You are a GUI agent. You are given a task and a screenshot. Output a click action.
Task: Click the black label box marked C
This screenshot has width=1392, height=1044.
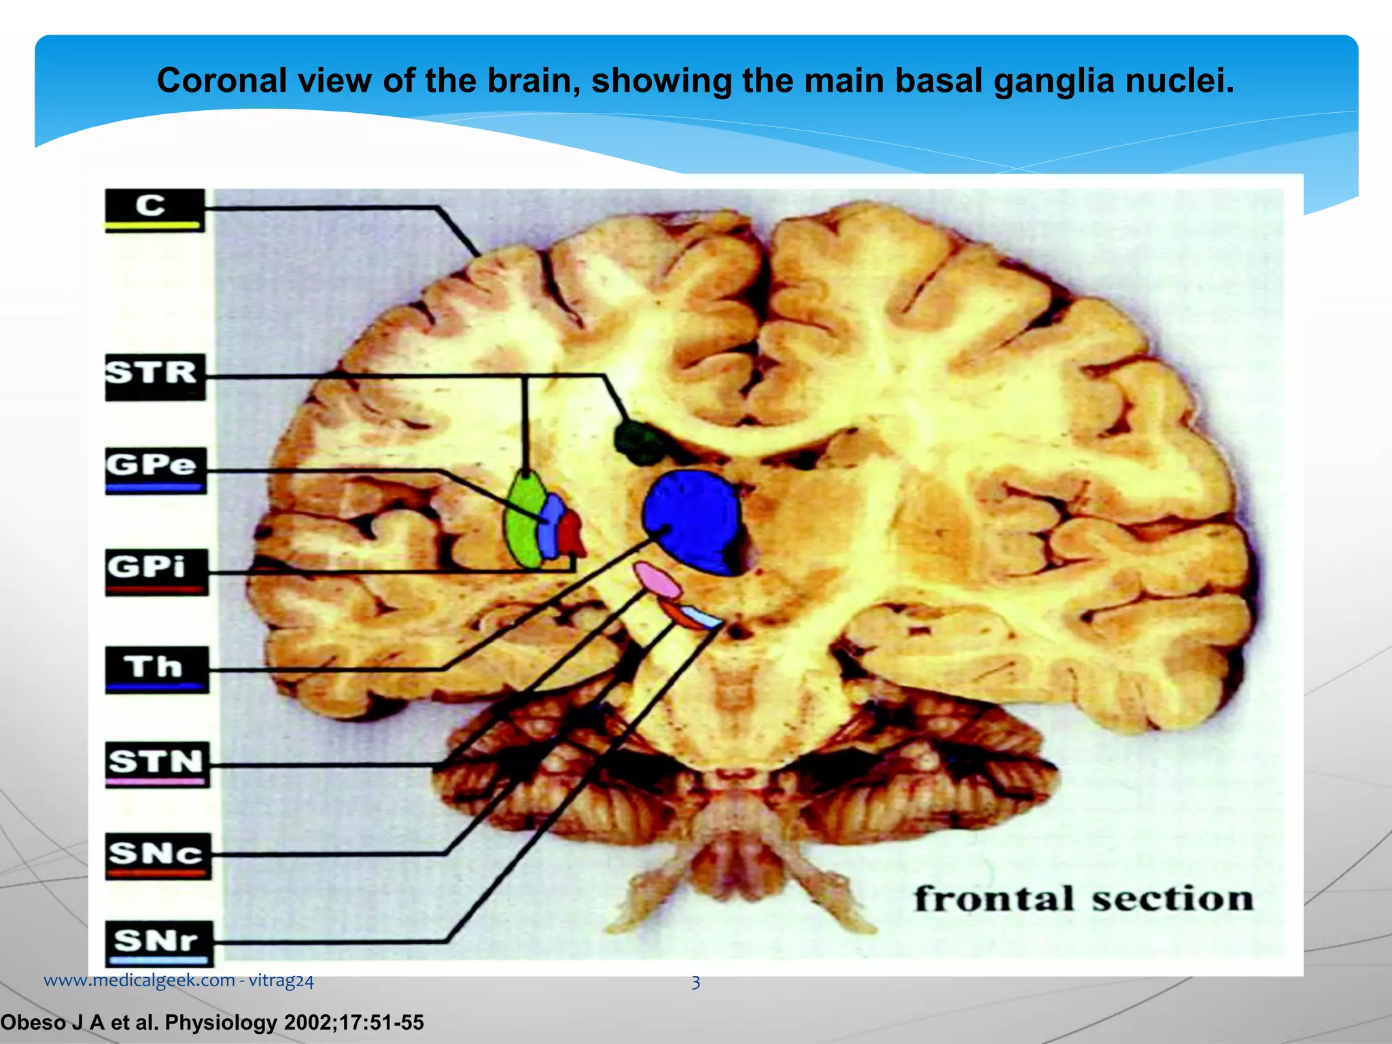pos(154,210)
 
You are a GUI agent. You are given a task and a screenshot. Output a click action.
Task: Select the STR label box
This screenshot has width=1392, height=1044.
pos(155,377)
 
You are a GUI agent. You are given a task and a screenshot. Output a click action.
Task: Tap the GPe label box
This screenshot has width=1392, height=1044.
pos(156,470)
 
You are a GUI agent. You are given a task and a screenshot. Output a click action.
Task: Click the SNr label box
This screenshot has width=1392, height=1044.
pos(159,944)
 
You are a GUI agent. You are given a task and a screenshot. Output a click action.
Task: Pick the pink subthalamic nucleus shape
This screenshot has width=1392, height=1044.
pos(657,580)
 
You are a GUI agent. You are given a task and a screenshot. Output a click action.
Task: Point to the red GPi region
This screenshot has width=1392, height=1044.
pos(571,534)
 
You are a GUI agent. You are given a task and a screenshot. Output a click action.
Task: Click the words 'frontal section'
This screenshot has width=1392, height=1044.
pos(1083,899)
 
